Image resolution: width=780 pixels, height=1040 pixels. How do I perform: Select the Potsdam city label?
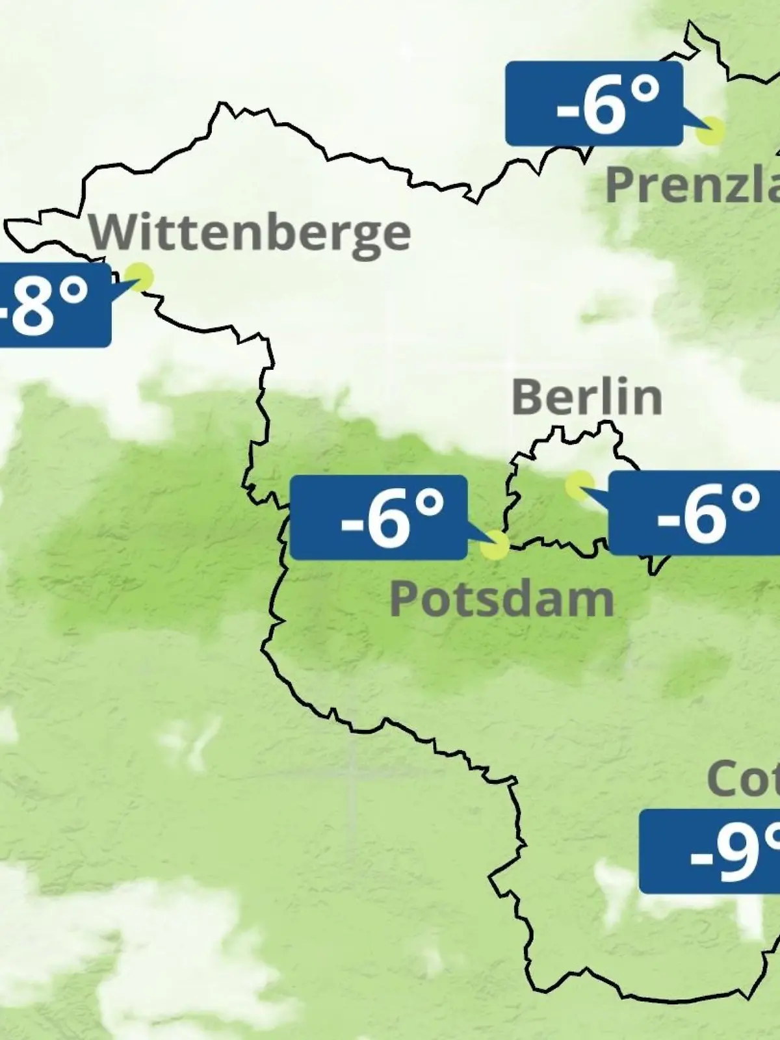coord(501,599)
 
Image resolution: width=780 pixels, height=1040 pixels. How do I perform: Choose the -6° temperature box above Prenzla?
coord(593,104)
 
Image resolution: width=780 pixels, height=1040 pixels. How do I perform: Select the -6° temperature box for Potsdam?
coord(378,517)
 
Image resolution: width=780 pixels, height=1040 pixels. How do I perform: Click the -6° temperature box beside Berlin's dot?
coord(694,513)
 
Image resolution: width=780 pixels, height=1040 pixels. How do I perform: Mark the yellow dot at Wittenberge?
coord(140,276)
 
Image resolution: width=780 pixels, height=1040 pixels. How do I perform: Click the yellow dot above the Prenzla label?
coord(710,131)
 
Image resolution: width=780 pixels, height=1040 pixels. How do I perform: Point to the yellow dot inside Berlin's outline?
coord(578,485)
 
